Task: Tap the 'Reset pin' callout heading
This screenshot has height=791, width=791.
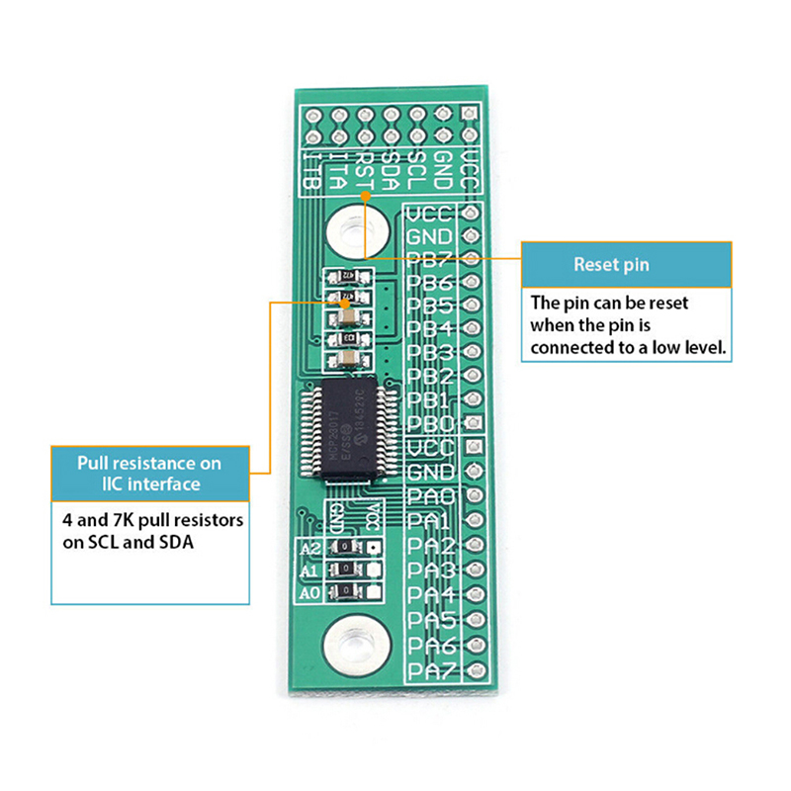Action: tap(627, 265)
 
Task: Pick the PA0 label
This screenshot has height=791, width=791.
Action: tap(430, 497)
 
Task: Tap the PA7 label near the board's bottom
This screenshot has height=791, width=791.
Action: tap(430, 670)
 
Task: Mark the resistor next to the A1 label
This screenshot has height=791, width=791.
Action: tap(345, 570)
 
